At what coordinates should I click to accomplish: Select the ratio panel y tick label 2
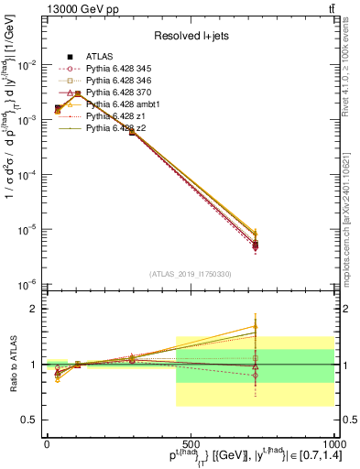pyautogui.click(x=36, y=309)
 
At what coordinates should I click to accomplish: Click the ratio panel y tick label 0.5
pyautogui.click(x=31, y=420)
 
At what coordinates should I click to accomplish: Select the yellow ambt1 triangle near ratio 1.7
pyautogui.click(x=256, y=326)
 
